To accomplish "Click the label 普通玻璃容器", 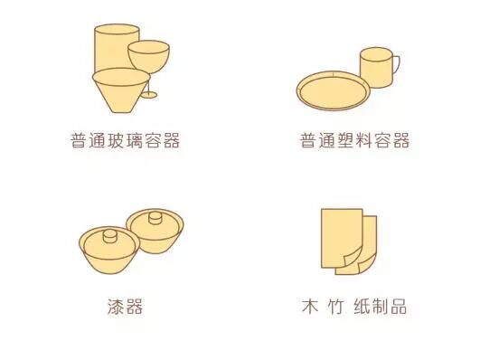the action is (125, 141).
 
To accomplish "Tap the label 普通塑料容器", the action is (354, 141).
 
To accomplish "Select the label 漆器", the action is (125, 307).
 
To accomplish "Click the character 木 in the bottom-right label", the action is (310, 307).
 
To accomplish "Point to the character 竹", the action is (335, 307).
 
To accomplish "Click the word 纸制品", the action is (381, 307).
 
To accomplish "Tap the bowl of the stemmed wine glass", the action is (148, 57).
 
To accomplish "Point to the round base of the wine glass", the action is (148, 95).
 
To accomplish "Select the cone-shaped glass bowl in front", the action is (121, 90).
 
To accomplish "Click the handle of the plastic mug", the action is (396, 64).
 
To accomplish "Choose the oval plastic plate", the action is (334, 90).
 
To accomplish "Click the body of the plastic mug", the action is (376, 68).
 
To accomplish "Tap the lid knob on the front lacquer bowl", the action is (109, 236).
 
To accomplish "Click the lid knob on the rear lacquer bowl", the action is (155, 218).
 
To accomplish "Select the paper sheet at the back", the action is (368, 245).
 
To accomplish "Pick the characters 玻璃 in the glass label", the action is (125, 141).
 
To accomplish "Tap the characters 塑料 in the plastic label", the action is (354, 141).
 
